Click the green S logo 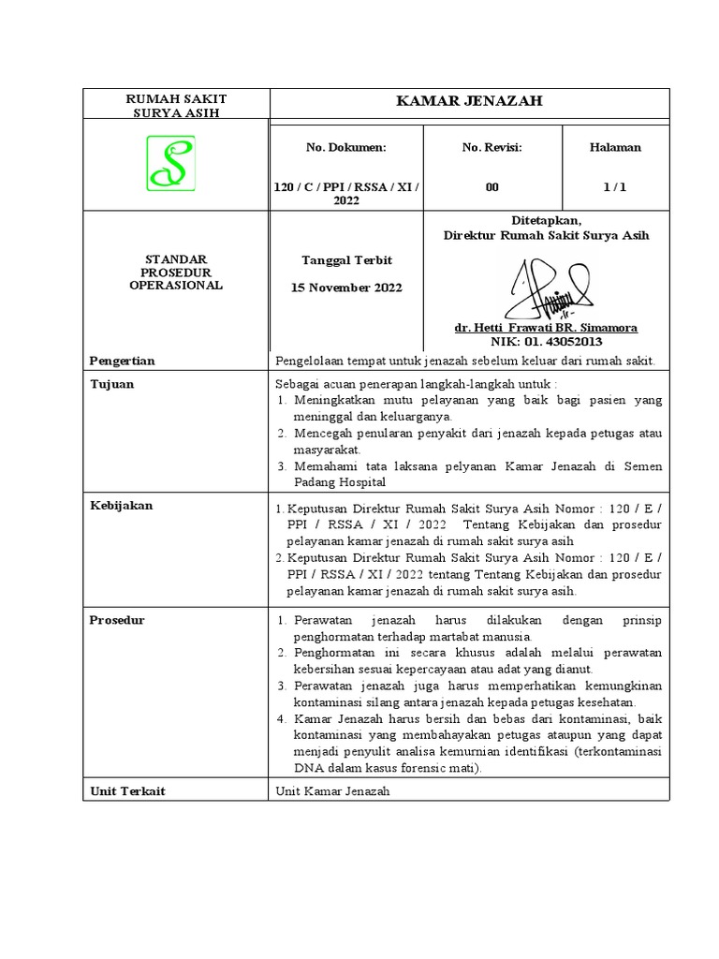click(170, 163)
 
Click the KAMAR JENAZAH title click(470, 101)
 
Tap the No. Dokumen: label click(345, 147)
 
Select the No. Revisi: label click(492, 147)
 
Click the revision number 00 click(492, 187)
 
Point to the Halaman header click(615, 147)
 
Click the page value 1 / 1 click(615, 187)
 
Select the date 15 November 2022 click(347, 288)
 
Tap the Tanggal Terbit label click(346, 259)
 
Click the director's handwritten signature click(548, 287)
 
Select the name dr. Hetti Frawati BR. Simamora click(546, 328)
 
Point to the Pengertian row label click(122, 361)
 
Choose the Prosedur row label click(117, 620)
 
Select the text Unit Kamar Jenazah click(332, 791)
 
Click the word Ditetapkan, click(546, 220)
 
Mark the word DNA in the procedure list click(307, 768)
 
